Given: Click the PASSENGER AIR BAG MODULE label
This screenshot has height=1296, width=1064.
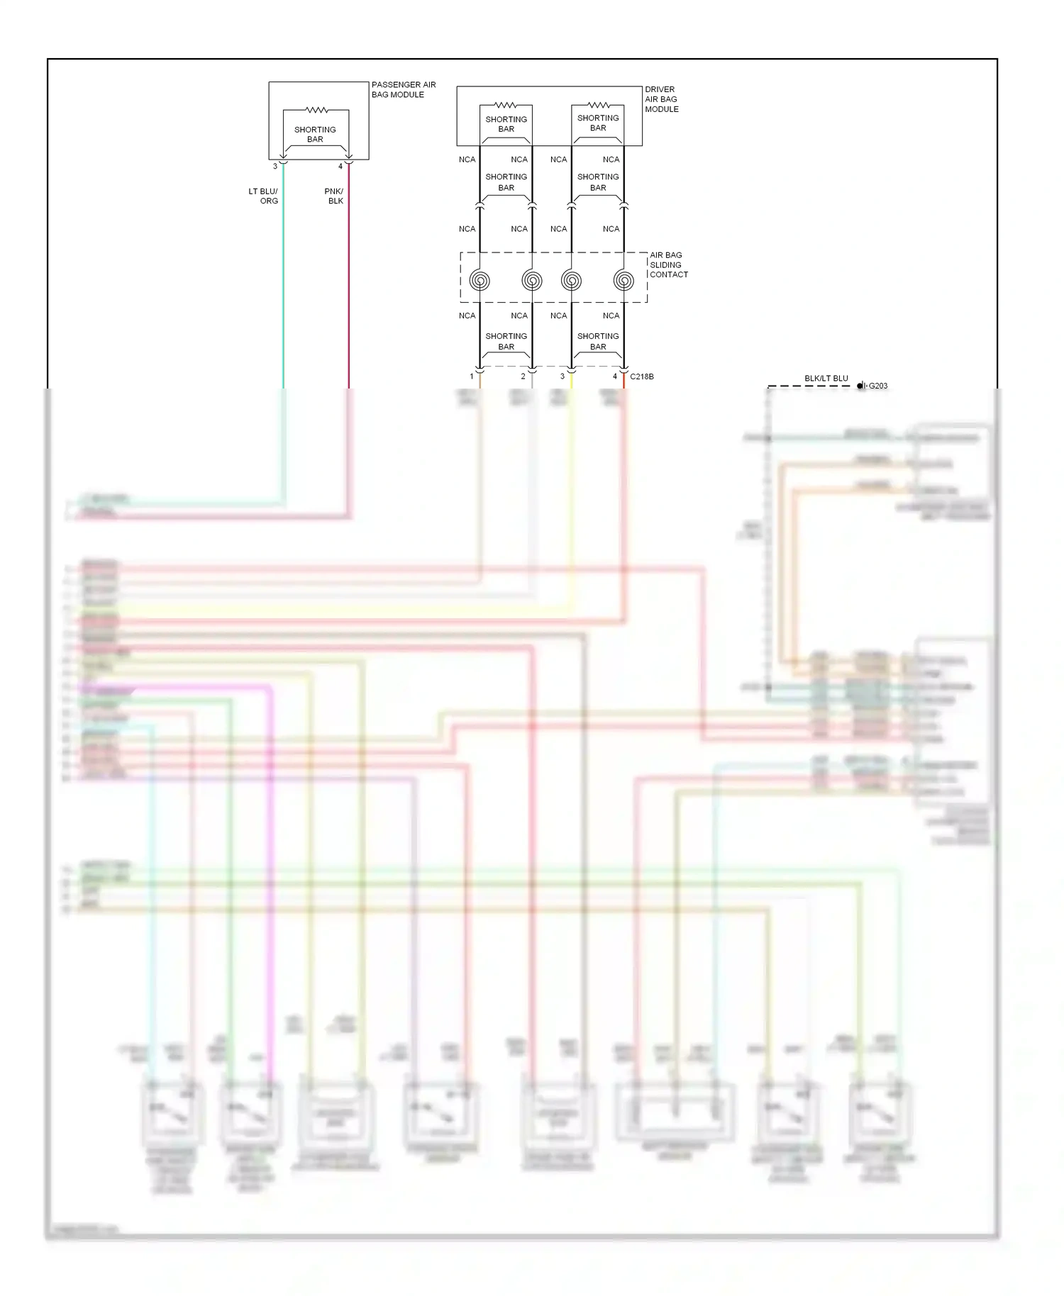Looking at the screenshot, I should pos(403,89).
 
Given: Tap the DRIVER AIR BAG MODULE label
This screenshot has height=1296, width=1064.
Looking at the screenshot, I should pos(661,99).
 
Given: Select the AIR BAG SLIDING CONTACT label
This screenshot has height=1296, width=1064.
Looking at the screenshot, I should pos(668,264).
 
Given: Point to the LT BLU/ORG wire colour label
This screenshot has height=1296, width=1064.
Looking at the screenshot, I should pos(263,196).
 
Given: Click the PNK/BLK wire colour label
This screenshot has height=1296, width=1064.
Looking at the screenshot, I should pos(334,196).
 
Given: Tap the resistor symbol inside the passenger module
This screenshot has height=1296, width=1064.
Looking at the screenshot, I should pos(316,110).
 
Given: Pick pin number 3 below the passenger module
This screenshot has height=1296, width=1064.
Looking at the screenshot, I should pos(275,167).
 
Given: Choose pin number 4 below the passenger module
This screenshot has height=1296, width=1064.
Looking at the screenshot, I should pos(340,167).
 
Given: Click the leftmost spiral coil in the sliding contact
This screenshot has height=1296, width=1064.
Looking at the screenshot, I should pos(480,281).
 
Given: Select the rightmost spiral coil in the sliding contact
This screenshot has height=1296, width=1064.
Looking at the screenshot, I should pos(624,281).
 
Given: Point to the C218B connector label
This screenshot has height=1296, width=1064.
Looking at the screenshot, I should pos(642,376).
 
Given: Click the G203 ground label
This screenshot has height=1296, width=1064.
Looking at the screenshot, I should pos(878,386).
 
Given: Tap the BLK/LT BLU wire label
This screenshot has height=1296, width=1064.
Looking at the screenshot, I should pos(826,379).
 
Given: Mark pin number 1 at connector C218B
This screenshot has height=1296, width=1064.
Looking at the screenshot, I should pos(472,376).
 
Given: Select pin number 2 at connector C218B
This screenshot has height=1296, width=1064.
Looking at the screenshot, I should pos(523,376).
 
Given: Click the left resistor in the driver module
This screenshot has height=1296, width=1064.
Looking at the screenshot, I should pos(506,105).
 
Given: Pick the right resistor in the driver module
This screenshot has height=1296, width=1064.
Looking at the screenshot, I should pos(598,105).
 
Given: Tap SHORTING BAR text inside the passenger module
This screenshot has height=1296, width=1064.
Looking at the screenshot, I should pos(315,135).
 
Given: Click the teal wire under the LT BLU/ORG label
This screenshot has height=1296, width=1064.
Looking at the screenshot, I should pos(284,284).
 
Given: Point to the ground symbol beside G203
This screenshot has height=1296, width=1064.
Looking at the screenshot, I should pos(861,386).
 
